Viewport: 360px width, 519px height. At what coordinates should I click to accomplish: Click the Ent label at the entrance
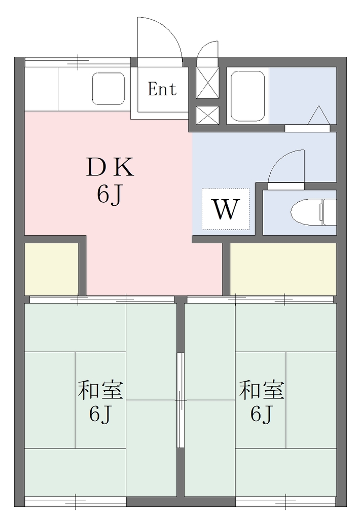point(162,89)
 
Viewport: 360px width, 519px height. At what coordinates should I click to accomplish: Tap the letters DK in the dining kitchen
point(110,167)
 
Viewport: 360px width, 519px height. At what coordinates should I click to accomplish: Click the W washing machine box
point(226,209)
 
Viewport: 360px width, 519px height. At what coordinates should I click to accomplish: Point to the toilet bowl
point(313,212)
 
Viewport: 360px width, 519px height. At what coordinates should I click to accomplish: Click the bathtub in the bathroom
point(248,96)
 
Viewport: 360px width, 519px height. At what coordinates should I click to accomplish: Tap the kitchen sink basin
point(109,89)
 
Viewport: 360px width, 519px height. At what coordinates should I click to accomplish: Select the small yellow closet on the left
point(52,269)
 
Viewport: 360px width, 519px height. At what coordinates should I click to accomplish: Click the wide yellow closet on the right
point(283,269)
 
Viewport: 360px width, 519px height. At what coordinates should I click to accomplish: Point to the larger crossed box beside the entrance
point(208,83)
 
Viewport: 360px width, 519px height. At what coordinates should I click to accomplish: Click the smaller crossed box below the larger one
point(208,116)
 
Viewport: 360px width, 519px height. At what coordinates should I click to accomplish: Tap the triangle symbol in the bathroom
point(318,116)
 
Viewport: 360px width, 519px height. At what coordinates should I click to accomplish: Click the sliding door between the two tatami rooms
point(181,400)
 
